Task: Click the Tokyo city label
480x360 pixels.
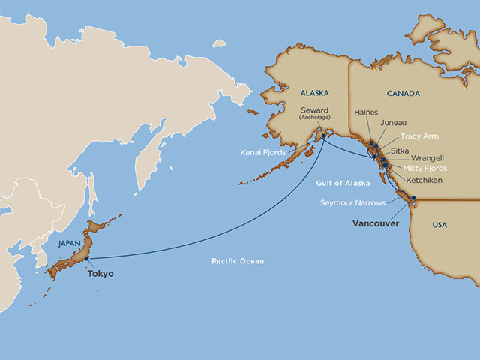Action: (100, 274)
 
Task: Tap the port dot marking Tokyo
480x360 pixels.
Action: (87, 259)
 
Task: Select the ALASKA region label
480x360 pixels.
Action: (313, 94)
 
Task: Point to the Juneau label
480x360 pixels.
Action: (394, 122)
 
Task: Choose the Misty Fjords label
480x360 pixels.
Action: (424, 169)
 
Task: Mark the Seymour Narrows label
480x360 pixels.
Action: (354, 203)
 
